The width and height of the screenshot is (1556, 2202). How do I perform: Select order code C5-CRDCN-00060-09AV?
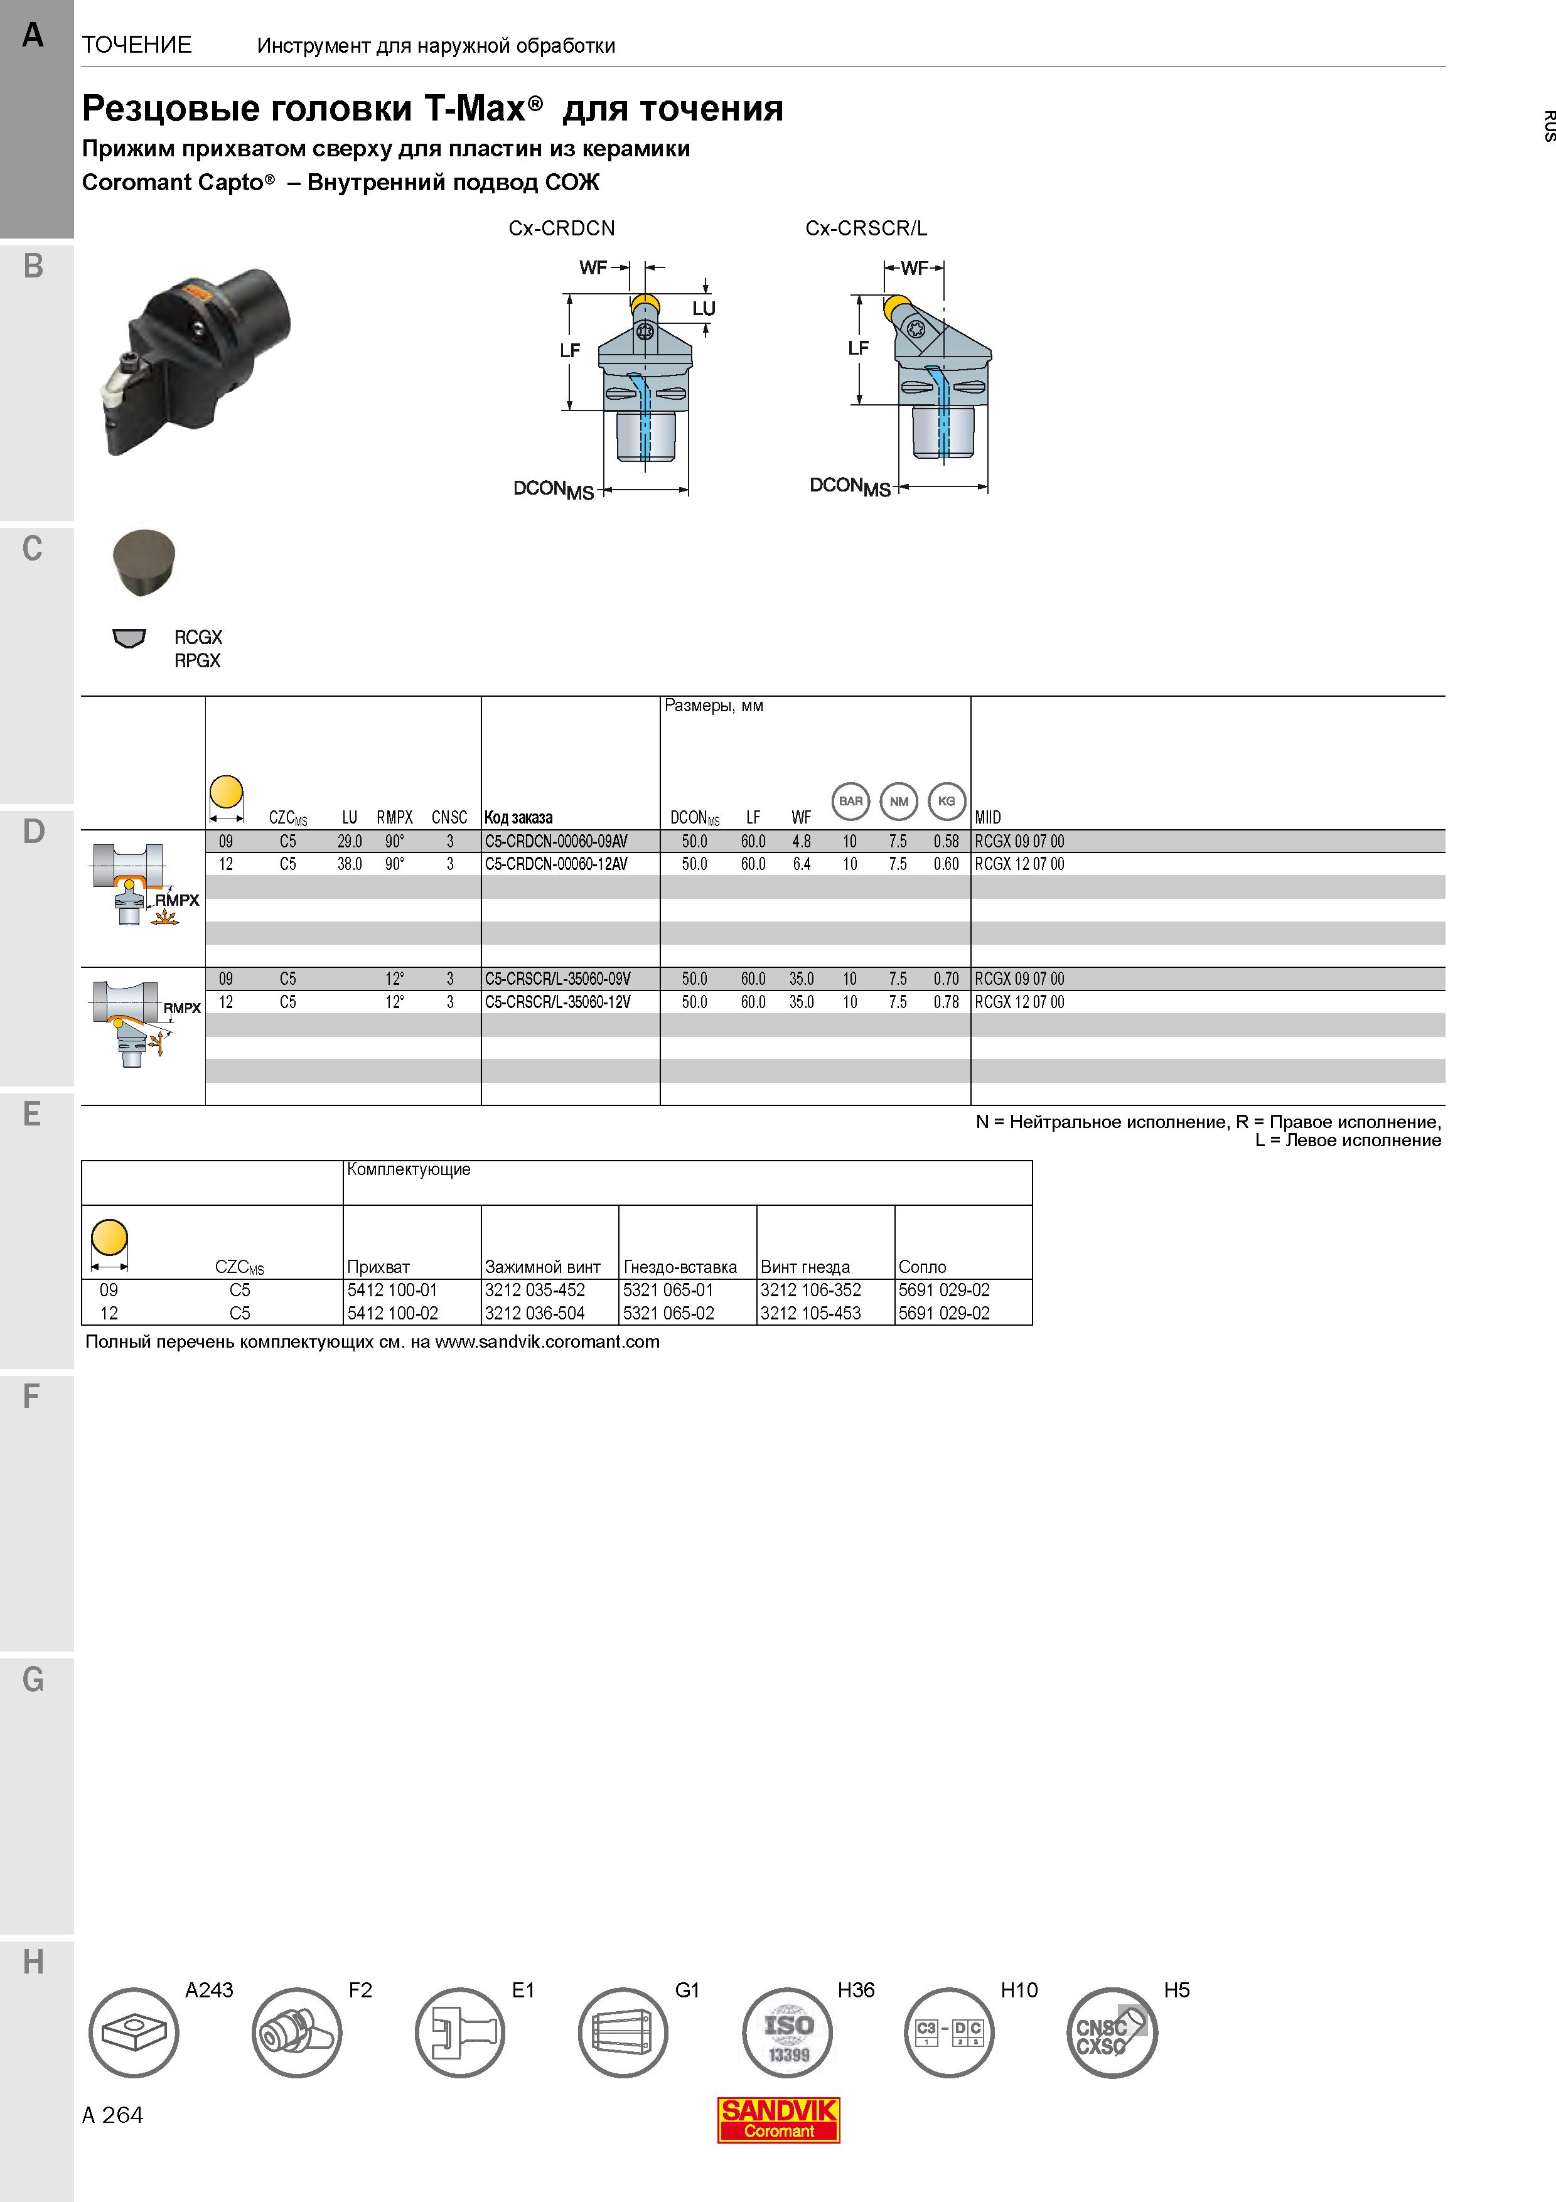click(556, 841)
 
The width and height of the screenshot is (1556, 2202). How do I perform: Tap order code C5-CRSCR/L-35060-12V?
click(558, 1002)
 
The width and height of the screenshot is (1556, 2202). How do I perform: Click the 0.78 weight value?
click(947, 1002)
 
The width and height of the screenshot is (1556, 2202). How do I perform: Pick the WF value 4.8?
click(802, 841)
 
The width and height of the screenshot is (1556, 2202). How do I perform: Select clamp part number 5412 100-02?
click(393, 1313)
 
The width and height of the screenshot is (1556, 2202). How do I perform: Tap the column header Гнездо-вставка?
click(680, 1267)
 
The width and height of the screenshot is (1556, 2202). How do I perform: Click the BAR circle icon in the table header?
click(850, 802)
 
